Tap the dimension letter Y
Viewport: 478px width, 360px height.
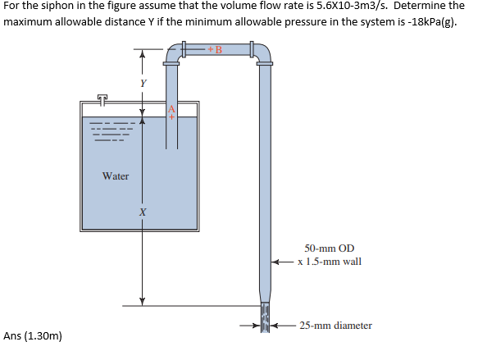[143, 83]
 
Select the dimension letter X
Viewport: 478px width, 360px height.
[143, 213]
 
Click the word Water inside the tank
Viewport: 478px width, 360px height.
[115, 176]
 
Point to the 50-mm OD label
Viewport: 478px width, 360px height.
[329, 248]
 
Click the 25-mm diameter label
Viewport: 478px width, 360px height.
[335, 326]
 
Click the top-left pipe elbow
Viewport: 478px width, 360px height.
[173, 54]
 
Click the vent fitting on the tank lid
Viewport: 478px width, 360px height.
[102, 98]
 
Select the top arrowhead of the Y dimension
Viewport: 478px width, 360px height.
[143, 55]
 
